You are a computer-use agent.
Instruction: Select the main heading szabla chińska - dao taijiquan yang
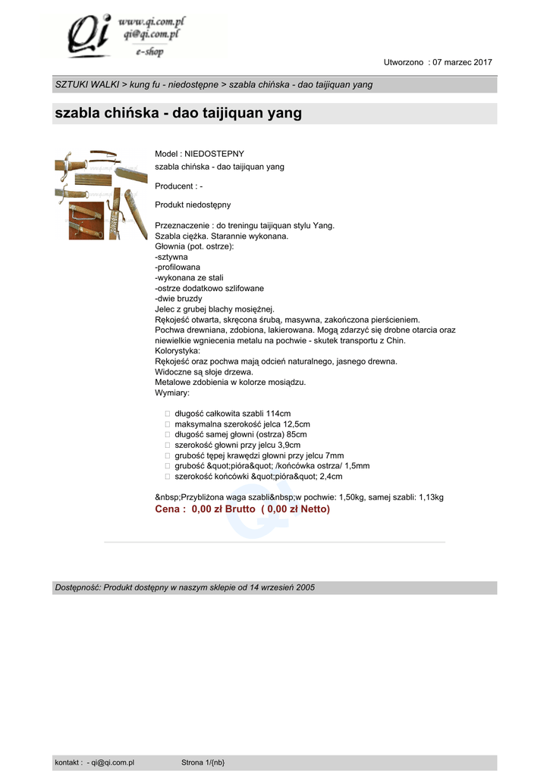coord(178,114)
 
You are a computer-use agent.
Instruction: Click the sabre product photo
coord(101,195)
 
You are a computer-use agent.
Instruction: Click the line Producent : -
coord(178,186)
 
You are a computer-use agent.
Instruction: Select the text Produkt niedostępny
coord(193,205)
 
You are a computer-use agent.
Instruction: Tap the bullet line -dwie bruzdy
coord(179,299)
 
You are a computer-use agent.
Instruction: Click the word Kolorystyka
coord(177,351)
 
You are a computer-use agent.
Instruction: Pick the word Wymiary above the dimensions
coord(171,393)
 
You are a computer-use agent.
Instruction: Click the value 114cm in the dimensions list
coord(278,414)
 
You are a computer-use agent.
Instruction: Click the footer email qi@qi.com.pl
coord(113,762)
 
